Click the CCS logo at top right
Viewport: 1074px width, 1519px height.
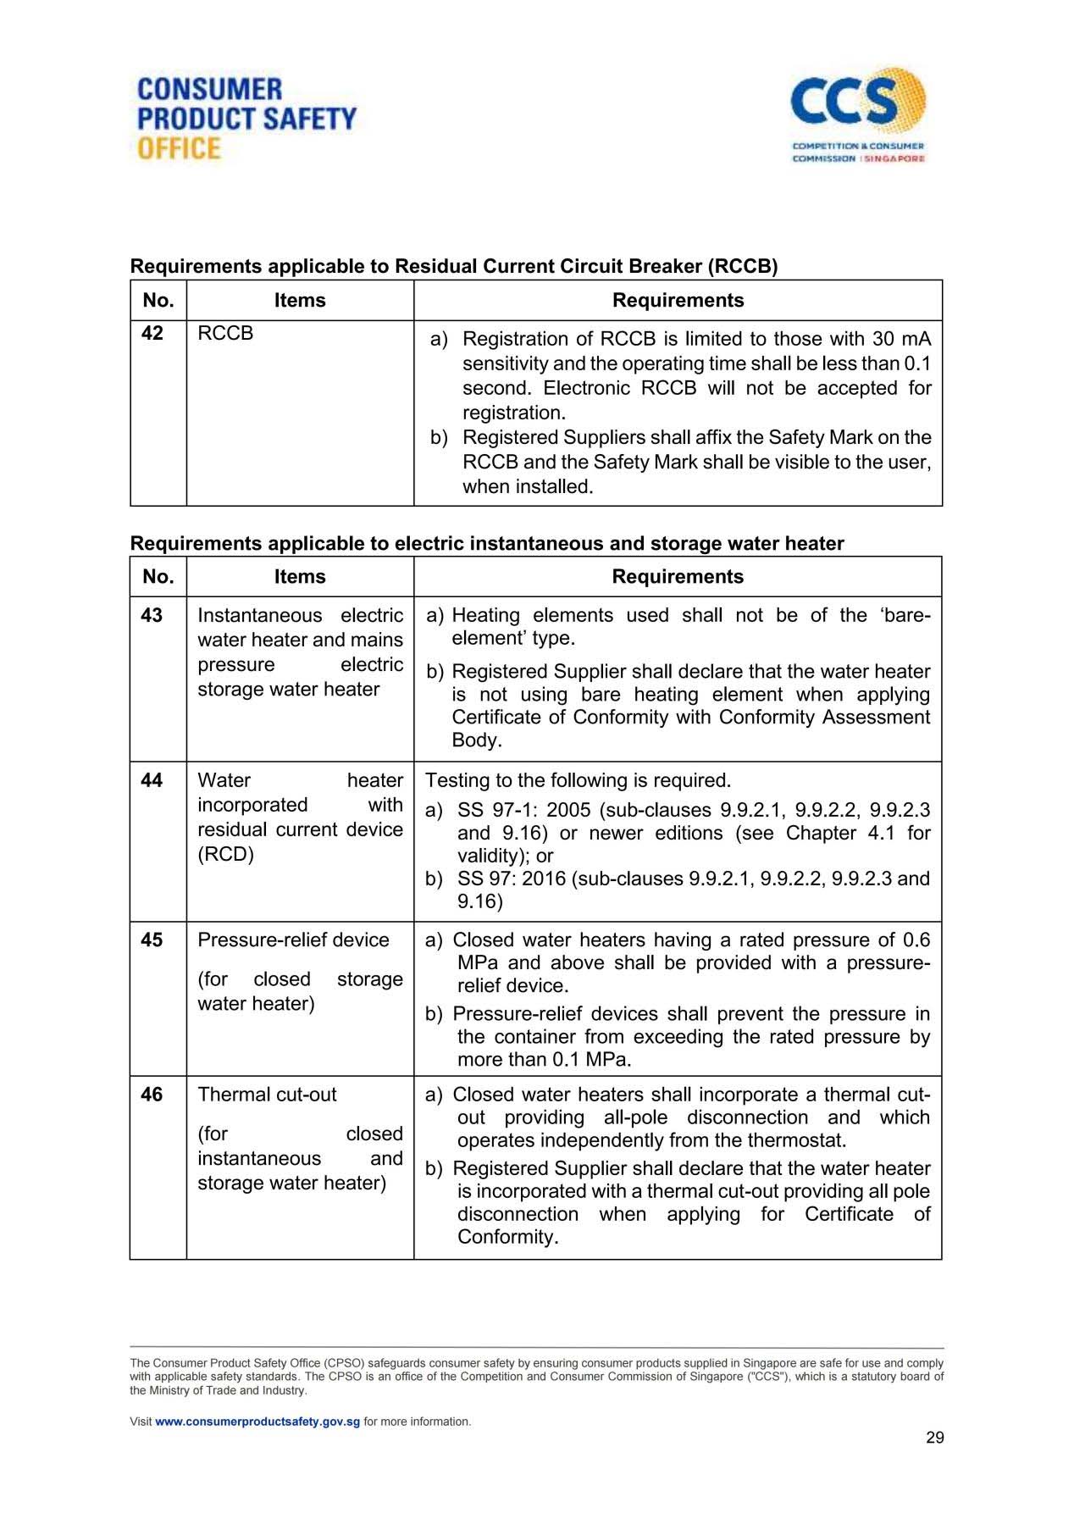858,115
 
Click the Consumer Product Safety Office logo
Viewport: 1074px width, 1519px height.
246,119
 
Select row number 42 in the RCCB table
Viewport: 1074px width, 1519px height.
152,334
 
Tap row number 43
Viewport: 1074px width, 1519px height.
152,615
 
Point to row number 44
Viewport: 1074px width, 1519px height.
152,780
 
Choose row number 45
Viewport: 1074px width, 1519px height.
152,940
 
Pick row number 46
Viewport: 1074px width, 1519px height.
152,1095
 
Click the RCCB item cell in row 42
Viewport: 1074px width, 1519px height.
225,334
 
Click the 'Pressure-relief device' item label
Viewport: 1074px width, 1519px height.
293,940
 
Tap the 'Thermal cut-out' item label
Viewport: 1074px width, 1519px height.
267,1095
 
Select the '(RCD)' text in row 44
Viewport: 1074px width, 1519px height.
225,854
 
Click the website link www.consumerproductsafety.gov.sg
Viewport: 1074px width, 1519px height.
257,1422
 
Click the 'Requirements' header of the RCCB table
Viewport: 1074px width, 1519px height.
678,301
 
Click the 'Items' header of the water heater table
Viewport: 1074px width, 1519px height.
300,577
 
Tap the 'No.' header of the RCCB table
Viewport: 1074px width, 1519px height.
158,301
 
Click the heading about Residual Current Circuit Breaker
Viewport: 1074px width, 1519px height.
453,267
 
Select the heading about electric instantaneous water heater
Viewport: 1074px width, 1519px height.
487,544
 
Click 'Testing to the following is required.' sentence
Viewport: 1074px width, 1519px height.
578,780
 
